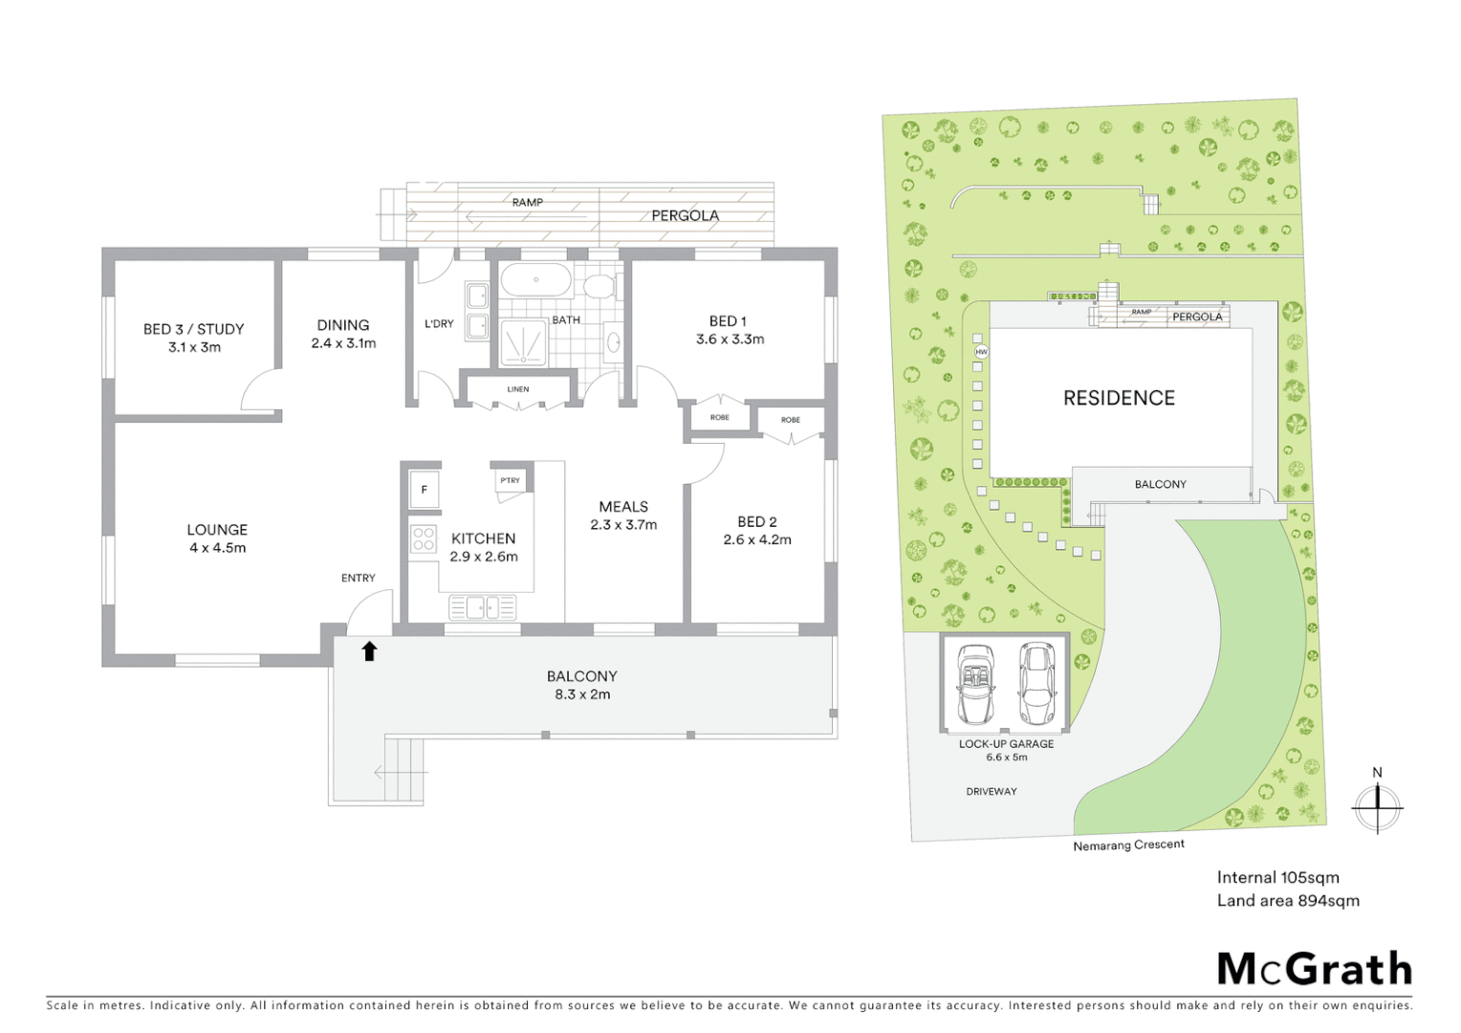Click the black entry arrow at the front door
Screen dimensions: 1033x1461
pos(369,651)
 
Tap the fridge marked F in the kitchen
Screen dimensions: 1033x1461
pos(424,490)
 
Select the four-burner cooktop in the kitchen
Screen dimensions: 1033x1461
pos(423,539)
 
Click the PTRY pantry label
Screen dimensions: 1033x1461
pos(511,480)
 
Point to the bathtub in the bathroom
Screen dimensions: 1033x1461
pos(536,280)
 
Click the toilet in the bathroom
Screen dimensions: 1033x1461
pos(600,286)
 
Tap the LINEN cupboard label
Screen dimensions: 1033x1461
pos(518,389)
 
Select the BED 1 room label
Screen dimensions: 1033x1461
pos(728,321)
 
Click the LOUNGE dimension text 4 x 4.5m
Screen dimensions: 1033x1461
pos(217,548)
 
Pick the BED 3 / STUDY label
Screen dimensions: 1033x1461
pos(194,329)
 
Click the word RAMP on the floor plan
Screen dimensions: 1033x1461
pos(527,202)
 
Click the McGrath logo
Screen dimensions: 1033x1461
pos(1314,969)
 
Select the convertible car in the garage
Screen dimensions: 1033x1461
pos(975,684)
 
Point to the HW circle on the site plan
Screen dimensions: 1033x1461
pos(980,352)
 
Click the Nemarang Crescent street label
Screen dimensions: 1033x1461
pos(1128,846)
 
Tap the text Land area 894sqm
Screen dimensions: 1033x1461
pos(1287,900)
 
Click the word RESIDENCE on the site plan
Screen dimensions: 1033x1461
pos(1119,398)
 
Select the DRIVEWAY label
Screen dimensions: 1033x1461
pos(991,791)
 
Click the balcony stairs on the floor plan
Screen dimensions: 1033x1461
pos(403,769)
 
